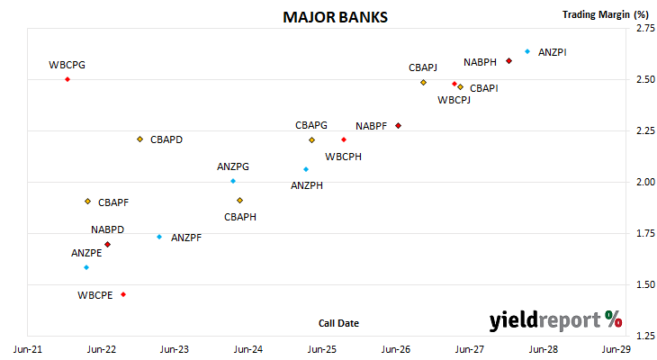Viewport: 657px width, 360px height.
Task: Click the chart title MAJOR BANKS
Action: (x=335, y=17)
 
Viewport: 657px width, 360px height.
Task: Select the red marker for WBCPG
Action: (x=67, y=79)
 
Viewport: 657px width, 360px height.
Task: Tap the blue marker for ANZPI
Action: (x=527, y=51)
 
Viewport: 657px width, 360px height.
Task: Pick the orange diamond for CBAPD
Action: (x=139, y=139)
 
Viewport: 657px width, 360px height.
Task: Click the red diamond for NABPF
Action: (x=399, y=126)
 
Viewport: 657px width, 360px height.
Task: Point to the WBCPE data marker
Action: (x=123, y=294)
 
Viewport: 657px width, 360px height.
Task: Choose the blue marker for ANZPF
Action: (x=159, y=238)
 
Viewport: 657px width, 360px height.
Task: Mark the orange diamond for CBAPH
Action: (x=239, y=201)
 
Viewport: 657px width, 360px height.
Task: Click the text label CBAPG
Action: (x=311, y=125)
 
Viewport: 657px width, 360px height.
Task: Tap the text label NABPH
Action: (x=480, y=62)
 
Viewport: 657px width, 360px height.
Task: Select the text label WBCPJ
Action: (x=454, y=100)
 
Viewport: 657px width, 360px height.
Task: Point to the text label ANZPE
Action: (x=86, y=253)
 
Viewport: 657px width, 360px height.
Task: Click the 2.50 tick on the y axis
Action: (x=645, y=79)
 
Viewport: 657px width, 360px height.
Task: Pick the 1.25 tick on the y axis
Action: (x=645, y=336)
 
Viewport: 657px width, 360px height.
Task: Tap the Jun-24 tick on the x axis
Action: (x=248, y=349)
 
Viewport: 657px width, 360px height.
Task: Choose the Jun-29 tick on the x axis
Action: (x=616, y=349)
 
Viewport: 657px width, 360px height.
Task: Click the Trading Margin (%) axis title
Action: (x=606, y=14)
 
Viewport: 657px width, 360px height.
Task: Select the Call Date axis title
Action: (x=338, y=323)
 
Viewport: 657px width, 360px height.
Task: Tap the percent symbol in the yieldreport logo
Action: (x=614, y=319)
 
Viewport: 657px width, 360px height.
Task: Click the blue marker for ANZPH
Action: (x=306, y=169)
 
